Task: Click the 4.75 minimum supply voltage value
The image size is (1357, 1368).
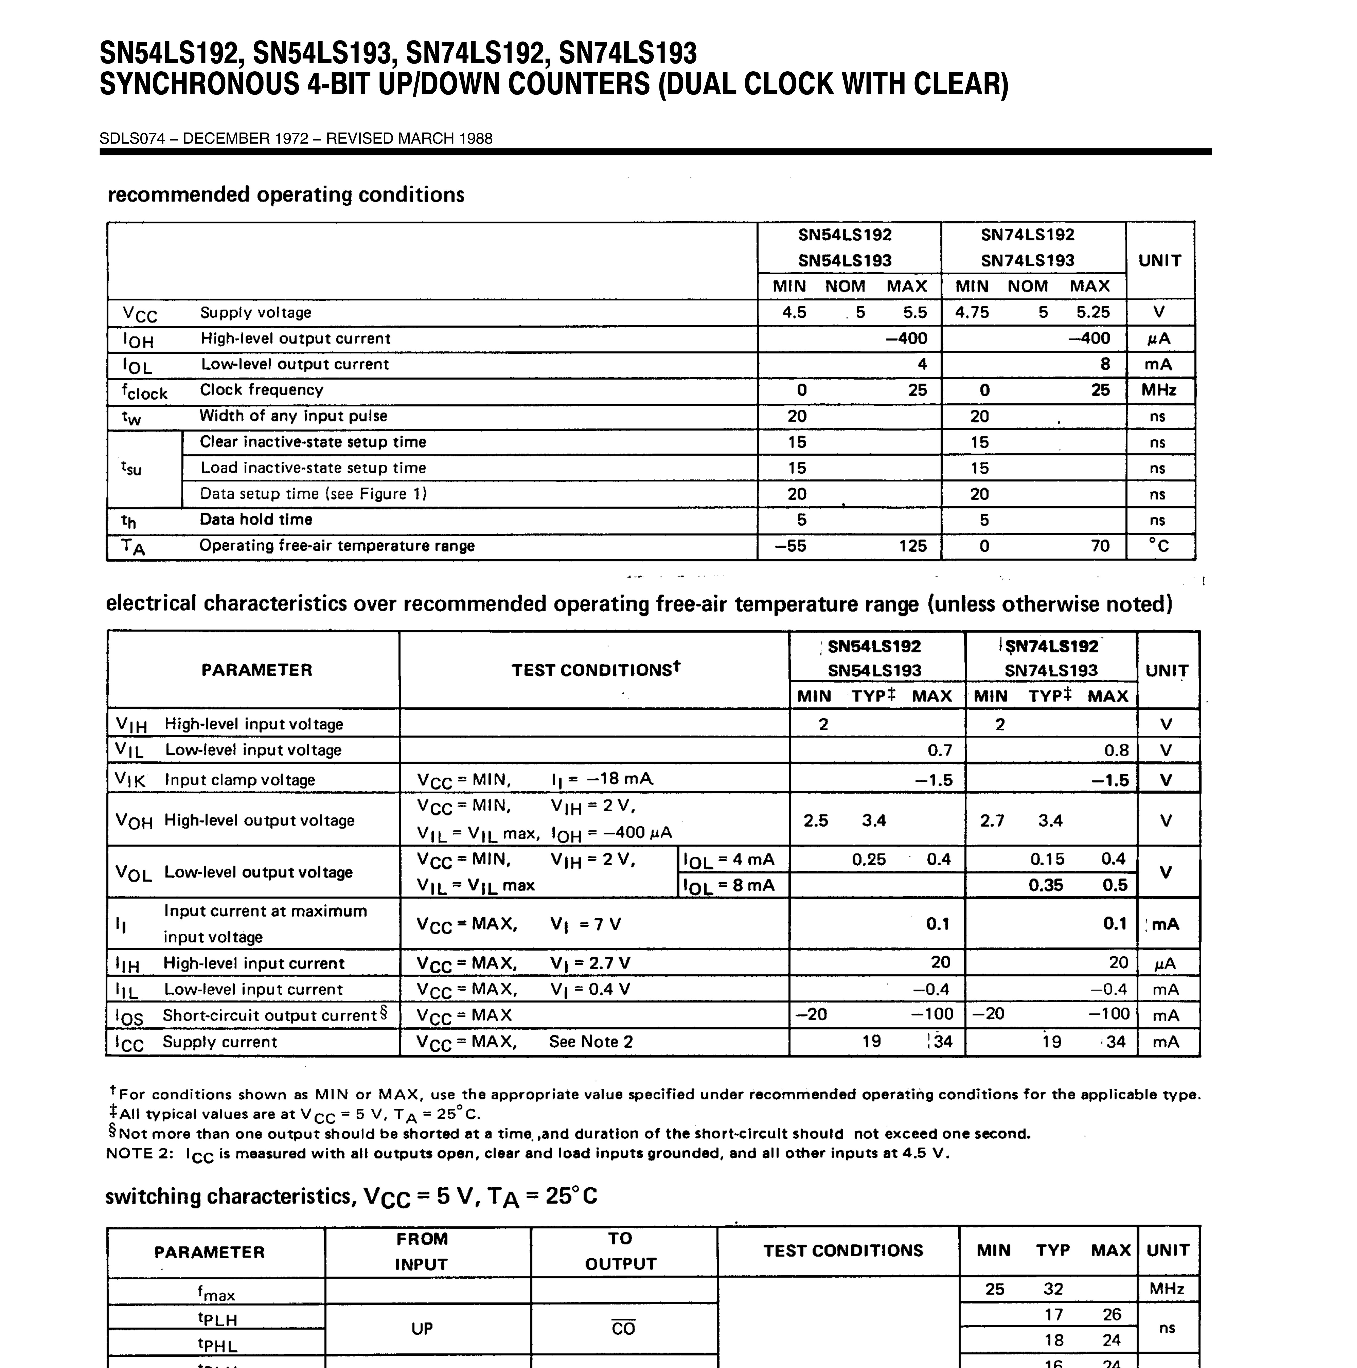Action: click(x=972, y=312)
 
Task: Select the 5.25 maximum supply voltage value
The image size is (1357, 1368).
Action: click(x=1093, y=312)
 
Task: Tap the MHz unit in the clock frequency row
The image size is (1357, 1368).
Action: click(x=1159, y=390)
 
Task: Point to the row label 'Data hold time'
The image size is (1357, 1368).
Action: click(x=256, y=520)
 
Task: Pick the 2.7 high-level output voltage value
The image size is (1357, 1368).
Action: click(x=992, y=821)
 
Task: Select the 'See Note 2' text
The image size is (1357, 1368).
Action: click(x=591, y=1042)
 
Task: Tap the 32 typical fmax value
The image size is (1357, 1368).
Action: click(x=1053, y=1289)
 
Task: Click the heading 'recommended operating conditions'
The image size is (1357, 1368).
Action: click(x=285, y=195)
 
